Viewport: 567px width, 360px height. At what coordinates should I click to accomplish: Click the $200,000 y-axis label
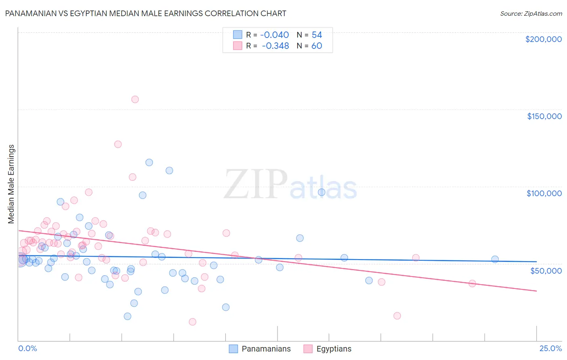[543, 39]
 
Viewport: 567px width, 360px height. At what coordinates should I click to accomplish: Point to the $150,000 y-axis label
[544, 116]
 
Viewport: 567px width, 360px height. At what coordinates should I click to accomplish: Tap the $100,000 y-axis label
[544, 193]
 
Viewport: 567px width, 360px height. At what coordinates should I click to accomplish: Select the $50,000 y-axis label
[546, 270]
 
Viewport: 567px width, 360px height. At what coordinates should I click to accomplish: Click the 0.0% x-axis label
[27, 348]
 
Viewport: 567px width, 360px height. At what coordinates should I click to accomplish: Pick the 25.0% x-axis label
[550, 348]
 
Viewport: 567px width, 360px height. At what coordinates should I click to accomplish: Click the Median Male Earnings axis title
[11, 184]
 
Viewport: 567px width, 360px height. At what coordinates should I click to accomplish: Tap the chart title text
[146, 13]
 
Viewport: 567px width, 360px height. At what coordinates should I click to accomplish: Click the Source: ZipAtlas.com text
[531, 13]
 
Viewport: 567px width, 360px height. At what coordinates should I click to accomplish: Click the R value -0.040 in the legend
[274, 35]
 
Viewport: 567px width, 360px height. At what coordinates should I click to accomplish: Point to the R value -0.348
[275, 46]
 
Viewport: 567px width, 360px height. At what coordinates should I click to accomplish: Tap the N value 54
[317, 35]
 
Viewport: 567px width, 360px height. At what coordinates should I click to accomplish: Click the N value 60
[317, 46]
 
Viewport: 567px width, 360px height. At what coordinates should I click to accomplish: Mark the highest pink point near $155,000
[135, 99]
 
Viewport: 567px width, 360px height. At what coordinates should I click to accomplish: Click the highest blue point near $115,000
[149, 163]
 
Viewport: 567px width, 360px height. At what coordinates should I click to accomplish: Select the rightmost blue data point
[495, 260]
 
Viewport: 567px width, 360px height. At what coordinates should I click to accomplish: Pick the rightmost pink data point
[472, 283]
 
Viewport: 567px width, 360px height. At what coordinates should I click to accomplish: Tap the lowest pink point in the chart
[192, 322]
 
